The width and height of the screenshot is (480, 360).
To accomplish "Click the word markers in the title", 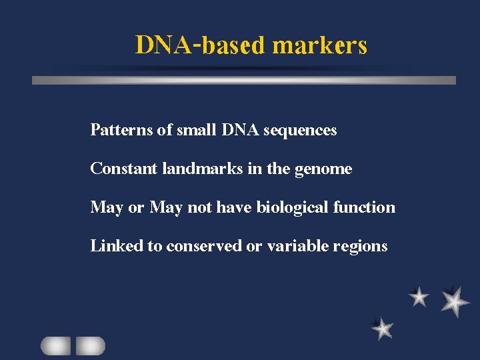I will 320,45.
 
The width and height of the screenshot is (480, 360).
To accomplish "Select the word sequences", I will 300,130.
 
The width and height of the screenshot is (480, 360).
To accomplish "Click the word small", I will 196,130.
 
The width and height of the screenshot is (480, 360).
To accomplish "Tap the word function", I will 365,207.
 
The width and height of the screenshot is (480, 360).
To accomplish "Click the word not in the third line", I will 199,207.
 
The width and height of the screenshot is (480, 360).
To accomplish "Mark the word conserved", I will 204,246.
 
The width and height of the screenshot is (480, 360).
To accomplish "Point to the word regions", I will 361,247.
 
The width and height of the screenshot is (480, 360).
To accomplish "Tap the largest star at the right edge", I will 455,301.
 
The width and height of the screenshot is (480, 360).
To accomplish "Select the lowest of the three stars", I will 383,327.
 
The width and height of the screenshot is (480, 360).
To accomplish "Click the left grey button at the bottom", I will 55,345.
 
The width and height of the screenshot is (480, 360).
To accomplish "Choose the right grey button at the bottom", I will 90,345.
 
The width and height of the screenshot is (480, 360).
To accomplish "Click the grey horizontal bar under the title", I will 244,80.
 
